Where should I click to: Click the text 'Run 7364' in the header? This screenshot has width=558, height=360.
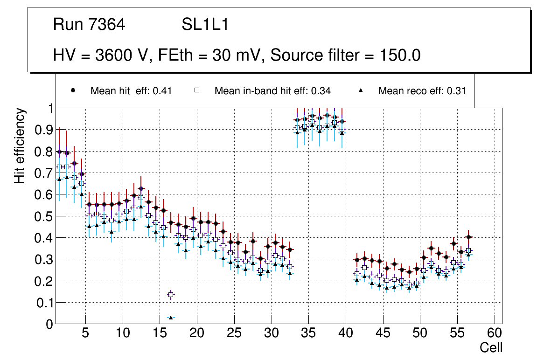point(89,25)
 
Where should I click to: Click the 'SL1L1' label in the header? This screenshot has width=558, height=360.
point(205,25)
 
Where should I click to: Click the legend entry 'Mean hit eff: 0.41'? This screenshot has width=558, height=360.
point(131,91)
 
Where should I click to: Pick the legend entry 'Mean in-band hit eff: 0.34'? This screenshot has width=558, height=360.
point(272,91)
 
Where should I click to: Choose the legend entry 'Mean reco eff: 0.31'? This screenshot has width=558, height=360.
point(422,91)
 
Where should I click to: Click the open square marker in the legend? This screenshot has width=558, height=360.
point(197,90)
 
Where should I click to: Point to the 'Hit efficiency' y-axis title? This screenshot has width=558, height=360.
point(20,145)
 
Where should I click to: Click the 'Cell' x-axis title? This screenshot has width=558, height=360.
point(491,347)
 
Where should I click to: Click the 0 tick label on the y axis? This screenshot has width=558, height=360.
point(49,324)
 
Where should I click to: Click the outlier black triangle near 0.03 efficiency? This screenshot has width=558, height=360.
point(171,318)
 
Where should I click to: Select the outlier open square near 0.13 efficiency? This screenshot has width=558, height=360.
point(171,295)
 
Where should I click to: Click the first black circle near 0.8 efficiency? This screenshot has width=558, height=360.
point(59,152)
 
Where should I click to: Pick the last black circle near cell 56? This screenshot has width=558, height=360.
point(469,237)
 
